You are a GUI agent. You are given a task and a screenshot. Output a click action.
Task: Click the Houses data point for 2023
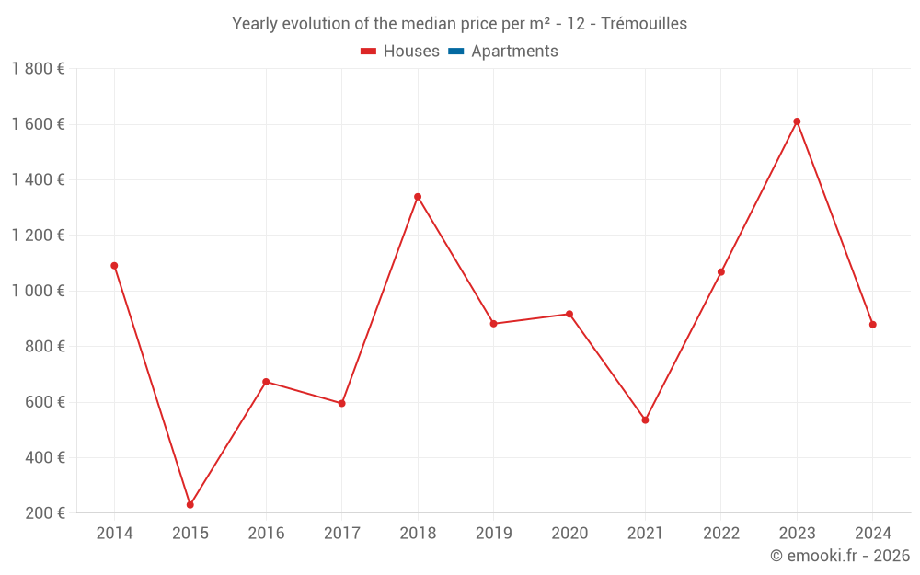(x=797, y=121)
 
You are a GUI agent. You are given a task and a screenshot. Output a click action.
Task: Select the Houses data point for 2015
(x=190, y=505)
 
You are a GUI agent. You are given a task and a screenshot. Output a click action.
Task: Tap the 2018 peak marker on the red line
(x=418, y=197)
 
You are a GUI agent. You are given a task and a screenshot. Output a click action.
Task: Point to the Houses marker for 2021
(x=645, y=420)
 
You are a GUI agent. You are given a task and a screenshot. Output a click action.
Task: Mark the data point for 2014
(x=114, y=266)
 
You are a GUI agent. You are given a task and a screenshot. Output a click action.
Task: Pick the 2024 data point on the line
(x=872, y=325)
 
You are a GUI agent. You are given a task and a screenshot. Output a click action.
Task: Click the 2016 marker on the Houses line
(x=266, y=382)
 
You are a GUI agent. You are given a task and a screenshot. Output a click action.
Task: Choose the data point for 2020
(x=569, y=315)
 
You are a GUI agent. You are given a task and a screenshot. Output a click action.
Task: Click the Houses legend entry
(x=400, y=52)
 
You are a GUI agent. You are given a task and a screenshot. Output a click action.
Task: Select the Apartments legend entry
(x=513, y=52)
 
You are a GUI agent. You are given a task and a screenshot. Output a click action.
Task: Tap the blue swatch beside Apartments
(x=455, y=52)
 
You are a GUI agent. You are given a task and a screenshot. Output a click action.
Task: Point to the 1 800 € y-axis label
(x=38, y=69)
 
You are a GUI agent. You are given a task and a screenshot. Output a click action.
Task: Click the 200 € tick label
(x=44, y=513)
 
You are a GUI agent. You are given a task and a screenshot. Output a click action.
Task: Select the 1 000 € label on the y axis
(x=38, y=291)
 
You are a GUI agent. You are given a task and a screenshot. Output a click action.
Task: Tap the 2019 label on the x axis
(x=493, y=534)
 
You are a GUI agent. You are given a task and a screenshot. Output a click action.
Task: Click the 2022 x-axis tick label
(x=721, y=534)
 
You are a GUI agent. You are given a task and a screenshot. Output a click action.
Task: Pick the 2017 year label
(x=341, y=534)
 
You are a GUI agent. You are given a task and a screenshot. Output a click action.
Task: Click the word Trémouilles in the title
(x=643, y=24)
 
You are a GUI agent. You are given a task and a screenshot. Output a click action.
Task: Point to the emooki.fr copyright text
(x=840, y=556)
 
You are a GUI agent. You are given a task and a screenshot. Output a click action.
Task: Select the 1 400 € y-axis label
(x=38, y=180)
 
